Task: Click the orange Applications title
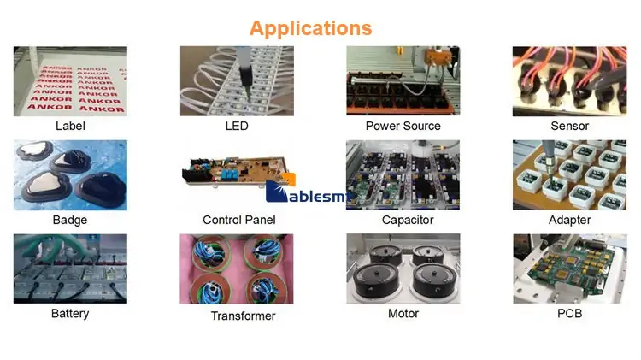coord(310,27)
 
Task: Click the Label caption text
coord(70,126)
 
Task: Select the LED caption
coord(237,126)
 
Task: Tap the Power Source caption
coord(403,126)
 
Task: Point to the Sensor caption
coord(569,126)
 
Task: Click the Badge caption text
coord(70,220)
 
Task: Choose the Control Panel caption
coord(239,220)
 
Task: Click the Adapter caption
coord(570,220)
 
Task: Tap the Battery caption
coord(70,314)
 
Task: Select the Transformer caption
coord(243,316)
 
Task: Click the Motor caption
coord(403,314)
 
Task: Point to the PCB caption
coord(569,314)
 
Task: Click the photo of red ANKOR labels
coord(70,81)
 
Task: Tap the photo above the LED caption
coord(237,81)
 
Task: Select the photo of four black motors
coord(403,269)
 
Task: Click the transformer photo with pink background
coord(237,269)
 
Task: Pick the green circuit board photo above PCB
coord(569,269)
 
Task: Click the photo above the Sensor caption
coord(569,81)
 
